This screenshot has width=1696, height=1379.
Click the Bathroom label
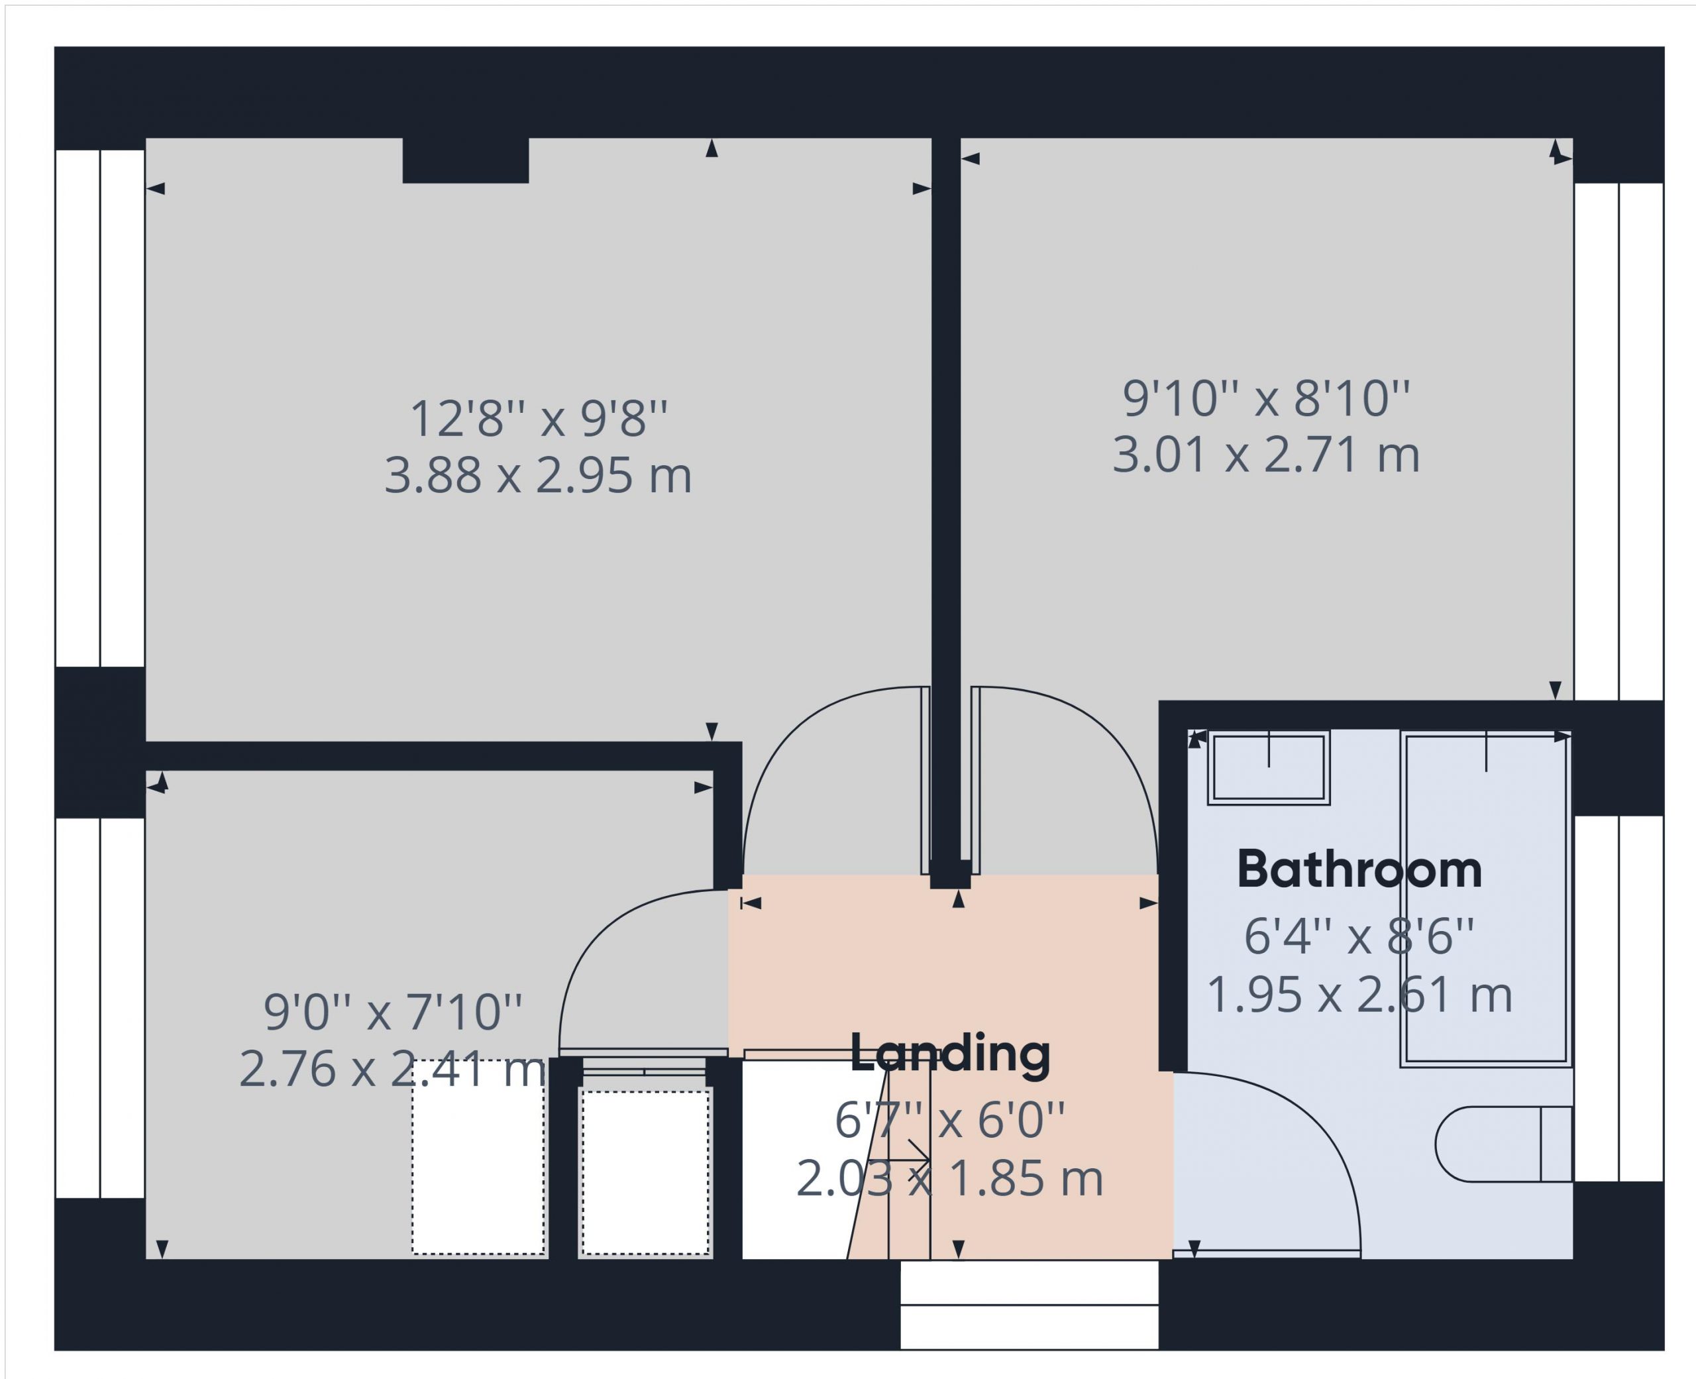[x=1359, y=870]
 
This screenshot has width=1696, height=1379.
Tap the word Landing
[x=951, y=1054]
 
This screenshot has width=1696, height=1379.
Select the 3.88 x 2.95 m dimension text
[x=539, y=475]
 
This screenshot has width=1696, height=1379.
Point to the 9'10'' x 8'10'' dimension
[x=1267, y=398]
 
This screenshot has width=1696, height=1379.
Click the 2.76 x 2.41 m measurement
[x=392, y=1069]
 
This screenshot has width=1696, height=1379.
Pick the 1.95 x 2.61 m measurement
[x=1359, y=995]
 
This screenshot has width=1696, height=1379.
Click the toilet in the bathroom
[x=1504, y=1144]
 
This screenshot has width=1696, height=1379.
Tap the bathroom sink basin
[x=1269, y=768]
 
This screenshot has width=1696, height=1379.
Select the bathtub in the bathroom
[x=1485, y=899]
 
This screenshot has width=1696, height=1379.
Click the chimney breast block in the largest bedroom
[x=465, y=160]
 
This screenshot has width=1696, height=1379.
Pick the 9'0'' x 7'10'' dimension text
[x=393, y=1012]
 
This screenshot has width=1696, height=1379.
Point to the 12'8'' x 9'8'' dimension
[x=539, y=419]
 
